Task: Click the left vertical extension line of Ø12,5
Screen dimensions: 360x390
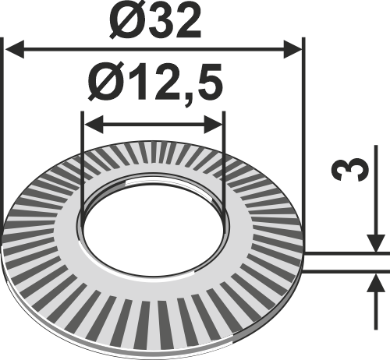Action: click(x=82, y=156)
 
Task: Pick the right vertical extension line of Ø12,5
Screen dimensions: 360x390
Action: click(x=225, y=156)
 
